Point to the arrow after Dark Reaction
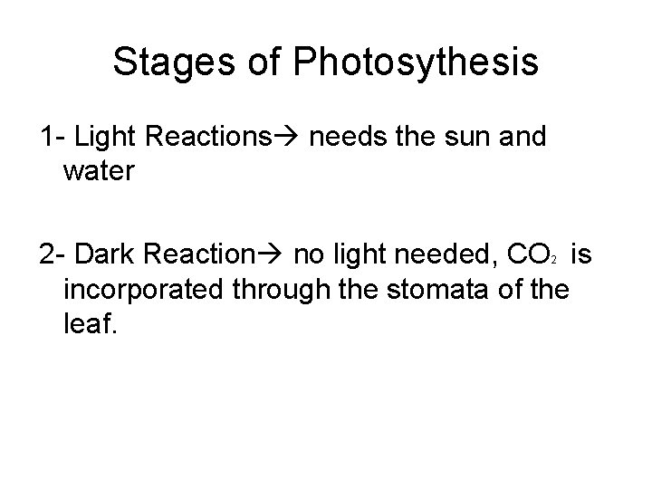coord(273,257)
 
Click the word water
coord(100,171)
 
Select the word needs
coord(348,138)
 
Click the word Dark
coord(109,257)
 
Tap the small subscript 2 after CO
coord(551,263)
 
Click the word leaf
coord(91,323)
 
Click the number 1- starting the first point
coord(52,138)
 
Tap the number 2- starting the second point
coord(52,257)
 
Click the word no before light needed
coord(308,257)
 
